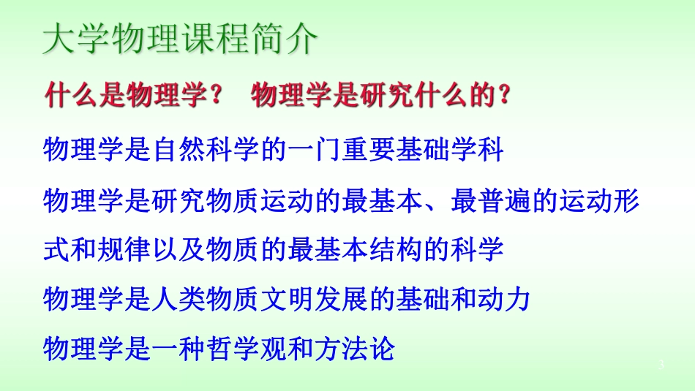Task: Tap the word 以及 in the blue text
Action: [186, 249]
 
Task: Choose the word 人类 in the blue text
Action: [186, 299]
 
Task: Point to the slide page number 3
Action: [661, 365]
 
